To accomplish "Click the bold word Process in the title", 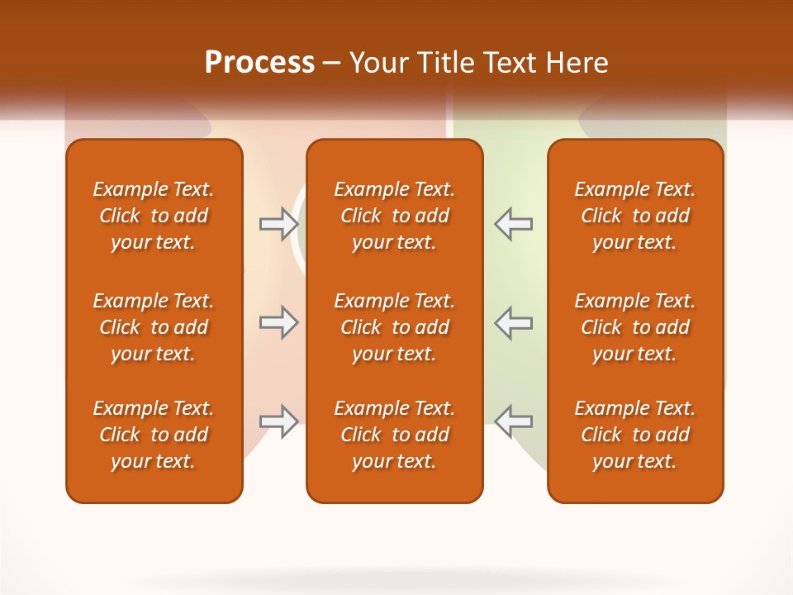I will [259, 63].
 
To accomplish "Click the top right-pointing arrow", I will [279, 223].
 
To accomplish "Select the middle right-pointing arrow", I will [279, 322].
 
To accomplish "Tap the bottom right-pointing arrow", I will [279, 421].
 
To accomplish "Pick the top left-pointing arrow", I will [514, 223].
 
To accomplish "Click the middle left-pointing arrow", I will [514, 322].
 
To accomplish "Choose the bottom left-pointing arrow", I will [514, 421].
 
